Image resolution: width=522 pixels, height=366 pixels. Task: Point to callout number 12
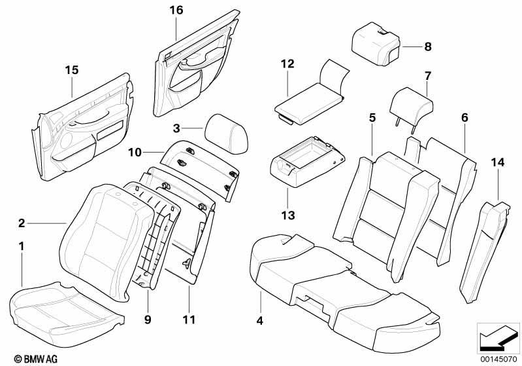pos(288,64)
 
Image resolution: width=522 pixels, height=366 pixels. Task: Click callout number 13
pos(288,215)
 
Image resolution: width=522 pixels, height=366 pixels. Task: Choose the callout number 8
pos(428,47)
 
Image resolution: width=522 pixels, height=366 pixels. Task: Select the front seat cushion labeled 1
pos(65,304)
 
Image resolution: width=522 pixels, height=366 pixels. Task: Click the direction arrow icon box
pos(498,337)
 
